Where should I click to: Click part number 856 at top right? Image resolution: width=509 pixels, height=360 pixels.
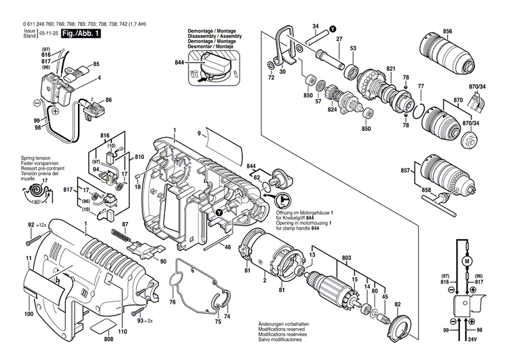447,32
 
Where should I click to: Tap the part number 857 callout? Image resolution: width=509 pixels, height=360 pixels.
406,170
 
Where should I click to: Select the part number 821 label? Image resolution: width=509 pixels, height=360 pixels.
391,69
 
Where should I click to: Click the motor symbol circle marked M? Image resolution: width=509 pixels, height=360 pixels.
466,260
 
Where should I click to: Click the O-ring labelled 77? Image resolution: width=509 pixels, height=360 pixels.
421,106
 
